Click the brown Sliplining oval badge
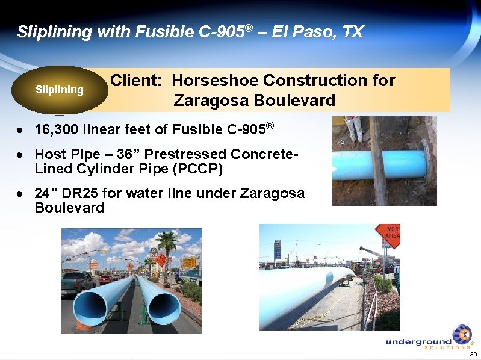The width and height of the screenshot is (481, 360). pyautogui.click(x=60, y=90)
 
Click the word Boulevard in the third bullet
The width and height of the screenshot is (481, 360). pyautogui.click(x=69, y=208)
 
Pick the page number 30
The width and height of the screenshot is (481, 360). pyautogui.click(x=473, y=354)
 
